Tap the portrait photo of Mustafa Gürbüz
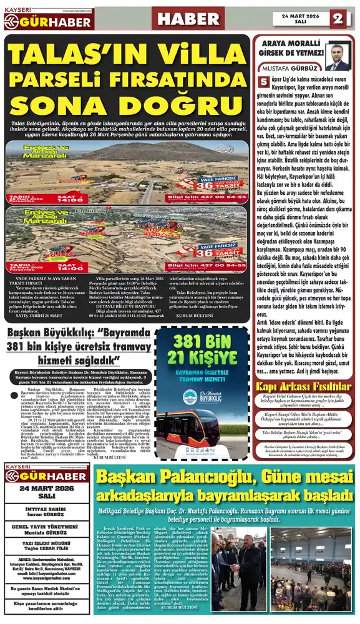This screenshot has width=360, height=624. tap(337, 56)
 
